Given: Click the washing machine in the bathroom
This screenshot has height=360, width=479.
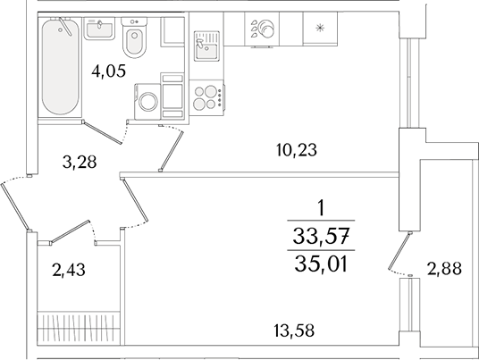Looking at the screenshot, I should point(149,100).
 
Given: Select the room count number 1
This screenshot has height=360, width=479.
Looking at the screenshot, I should point(320,209).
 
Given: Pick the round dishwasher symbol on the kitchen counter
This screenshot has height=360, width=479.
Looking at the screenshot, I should point(265,29).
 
